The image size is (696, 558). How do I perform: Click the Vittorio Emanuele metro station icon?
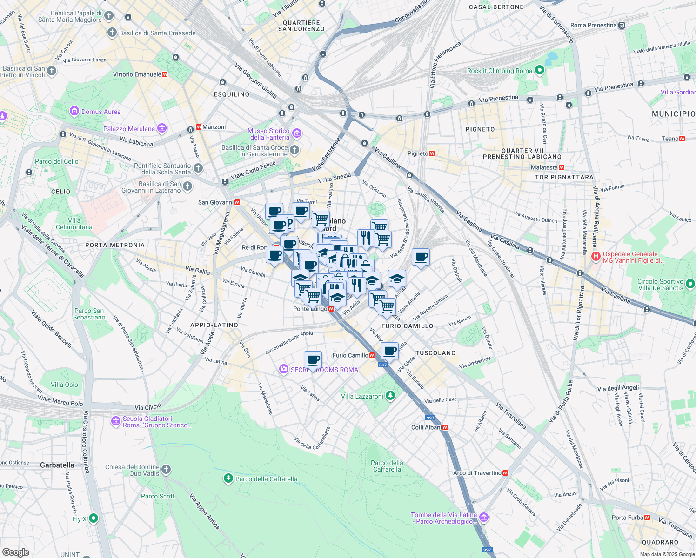165,74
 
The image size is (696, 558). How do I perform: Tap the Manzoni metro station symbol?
199,127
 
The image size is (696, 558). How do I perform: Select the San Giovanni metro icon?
237,202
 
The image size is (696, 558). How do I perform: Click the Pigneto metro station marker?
432,153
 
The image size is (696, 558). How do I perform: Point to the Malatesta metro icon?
562,167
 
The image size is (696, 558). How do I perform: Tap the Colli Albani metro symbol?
445,427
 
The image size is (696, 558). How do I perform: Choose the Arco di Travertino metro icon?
505,473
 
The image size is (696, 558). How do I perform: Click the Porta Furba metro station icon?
647,518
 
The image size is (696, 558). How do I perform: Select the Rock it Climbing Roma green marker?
540,71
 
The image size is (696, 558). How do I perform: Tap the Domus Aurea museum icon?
74,112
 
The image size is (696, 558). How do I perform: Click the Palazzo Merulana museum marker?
162,128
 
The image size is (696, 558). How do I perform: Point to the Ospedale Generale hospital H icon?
596,256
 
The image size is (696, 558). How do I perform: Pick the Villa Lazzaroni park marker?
390,396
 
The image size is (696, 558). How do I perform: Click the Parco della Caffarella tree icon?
228,478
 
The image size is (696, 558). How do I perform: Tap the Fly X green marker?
94,518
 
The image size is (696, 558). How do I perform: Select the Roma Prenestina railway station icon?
622,26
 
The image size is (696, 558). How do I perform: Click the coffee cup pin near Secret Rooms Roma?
313,359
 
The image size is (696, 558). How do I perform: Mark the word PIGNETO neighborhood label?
480,129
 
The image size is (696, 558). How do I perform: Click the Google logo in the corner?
15,552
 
